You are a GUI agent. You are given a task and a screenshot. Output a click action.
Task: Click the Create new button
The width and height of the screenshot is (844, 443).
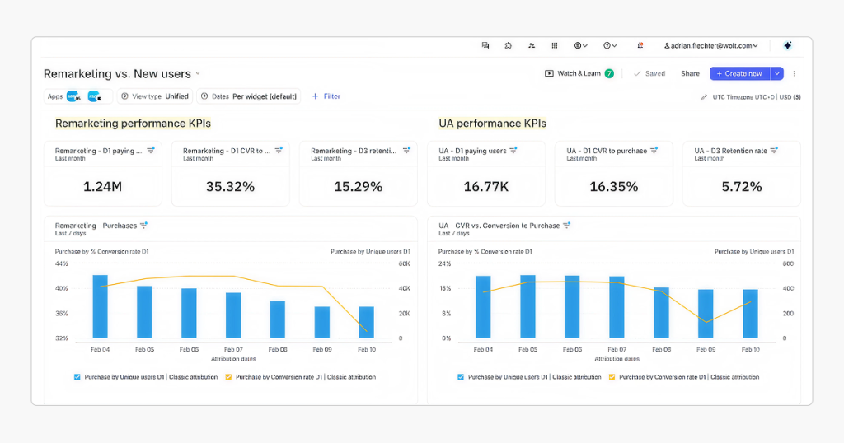pos(739,73)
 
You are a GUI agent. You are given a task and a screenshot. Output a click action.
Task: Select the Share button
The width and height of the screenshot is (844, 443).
pos(690,73)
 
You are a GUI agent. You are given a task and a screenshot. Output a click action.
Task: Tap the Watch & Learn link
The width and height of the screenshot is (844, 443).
pos(579,73)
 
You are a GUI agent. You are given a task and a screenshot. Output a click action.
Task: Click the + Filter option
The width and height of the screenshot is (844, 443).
pos(326,96)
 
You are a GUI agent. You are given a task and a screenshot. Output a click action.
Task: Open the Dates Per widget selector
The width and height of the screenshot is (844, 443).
pos(249,96)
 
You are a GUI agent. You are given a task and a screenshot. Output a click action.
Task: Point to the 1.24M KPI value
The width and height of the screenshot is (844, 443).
pos(102,187)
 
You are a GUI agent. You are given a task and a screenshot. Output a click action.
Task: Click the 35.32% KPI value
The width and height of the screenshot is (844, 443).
pos(230,187)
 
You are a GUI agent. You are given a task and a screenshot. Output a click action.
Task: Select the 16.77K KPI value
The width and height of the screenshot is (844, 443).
pos(485,187)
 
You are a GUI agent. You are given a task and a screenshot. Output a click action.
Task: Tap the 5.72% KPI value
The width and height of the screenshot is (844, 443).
pos(741,187)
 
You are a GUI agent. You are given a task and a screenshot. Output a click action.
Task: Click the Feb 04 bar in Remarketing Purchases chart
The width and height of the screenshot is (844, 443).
pos(100,306)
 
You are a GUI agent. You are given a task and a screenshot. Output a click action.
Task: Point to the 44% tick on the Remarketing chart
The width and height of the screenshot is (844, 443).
pos(62,263)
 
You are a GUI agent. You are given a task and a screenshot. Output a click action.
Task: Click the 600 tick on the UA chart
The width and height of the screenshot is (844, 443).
pos(788,263)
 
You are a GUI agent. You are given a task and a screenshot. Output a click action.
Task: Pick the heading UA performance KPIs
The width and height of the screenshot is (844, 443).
pos(492,124)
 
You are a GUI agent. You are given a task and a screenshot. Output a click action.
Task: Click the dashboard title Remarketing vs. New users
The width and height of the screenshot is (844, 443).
pos(117,74)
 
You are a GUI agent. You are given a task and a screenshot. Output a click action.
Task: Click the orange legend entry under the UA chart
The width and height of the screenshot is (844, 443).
pos(684,377)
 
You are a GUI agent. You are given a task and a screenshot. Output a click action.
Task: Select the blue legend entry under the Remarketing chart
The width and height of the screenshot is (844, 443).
pos(146,377)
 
